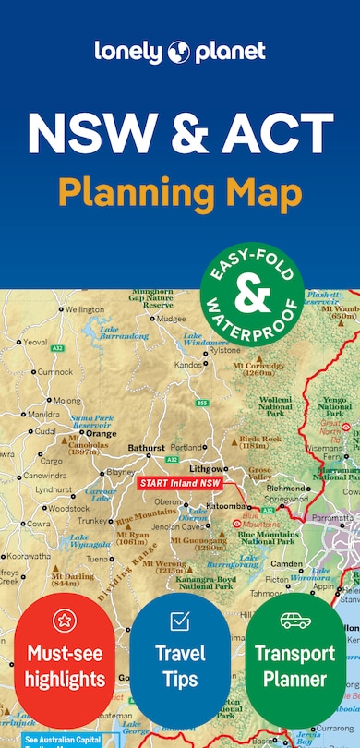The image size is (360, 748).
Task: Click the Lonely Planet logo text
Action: coord(180,52)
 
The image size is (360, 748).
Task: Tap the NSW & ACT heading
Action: coord(180,134)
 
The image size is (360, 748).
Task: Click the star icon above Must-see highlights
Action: coord(64,620)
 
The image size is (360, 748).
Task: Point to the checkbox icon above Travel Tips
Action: coord(180,620)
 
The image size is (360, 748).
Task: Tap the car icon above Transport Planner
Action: coord(295,620)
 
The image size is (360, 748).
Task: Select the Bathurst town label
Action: coord(146,448)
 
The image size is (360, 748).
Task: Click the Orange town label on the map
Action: coord(101,433)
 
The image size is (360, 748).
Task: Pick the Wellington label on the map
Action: coord(85,309)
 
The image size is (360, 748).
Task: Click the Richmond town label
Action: coord(286,487)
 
